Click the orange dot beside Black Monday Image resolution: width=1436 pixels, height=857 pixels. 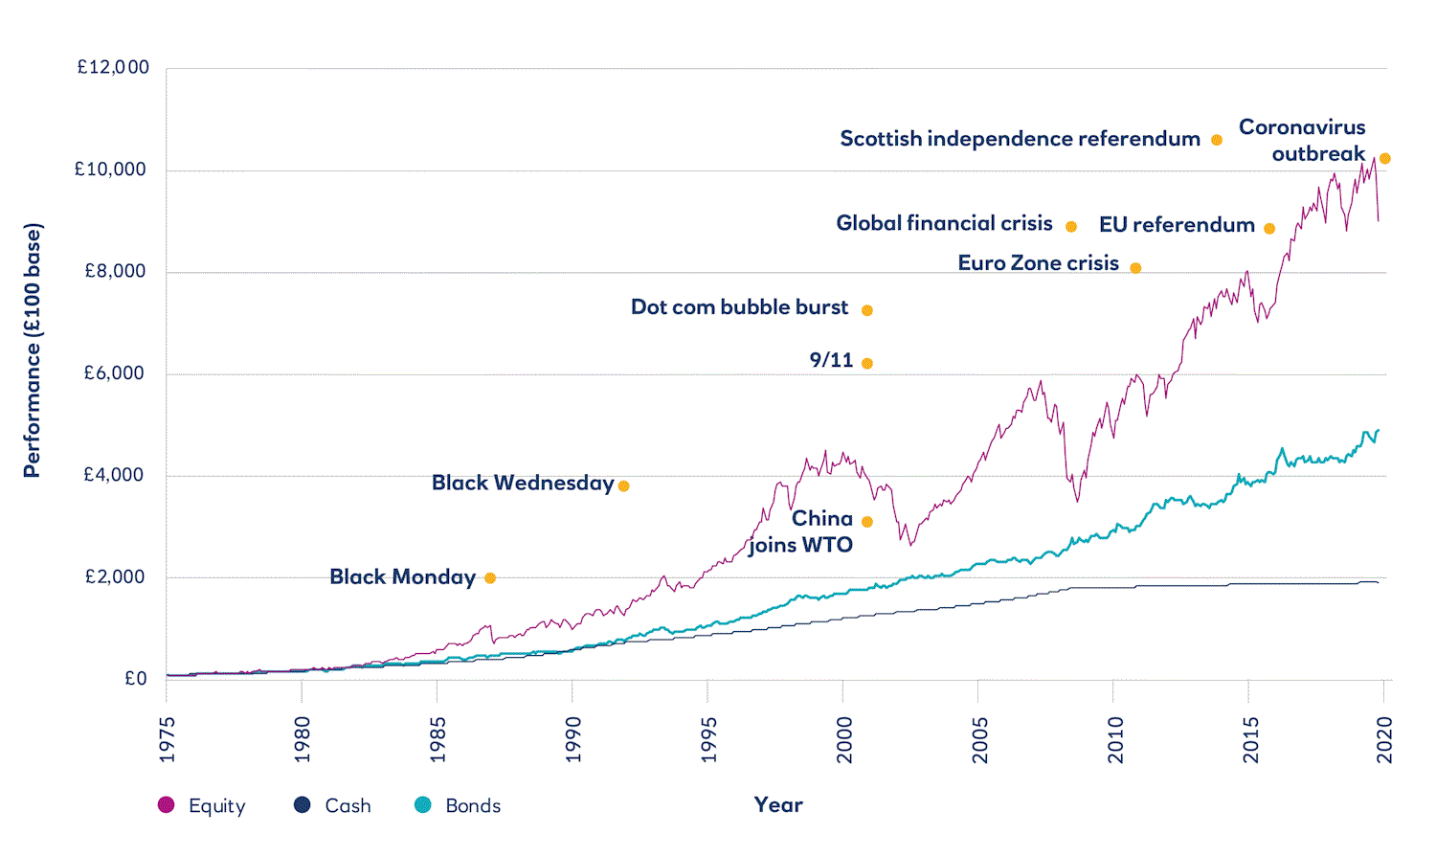490,577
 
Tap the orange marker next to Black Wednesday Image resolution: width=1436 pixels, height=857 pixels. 623,485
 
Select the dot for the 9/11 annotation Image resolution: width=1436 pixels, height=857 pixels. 867,363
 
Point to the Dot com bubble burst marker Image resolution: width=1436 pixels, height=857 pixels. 867,310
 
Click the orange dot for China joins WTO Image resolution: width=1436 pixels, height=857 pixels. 867,522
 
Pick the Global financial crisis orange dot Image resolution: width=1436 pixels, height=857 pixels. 1071,227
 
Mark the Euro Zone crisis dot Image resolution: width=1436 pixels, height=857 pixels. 1135,268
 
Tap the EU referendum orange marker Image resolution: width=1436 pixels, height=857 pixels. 1269,229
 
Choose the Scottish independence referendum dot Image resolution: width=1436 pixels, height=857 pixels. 1217,140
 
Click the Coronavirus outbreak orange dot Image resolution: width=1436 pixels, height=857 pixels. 1384,159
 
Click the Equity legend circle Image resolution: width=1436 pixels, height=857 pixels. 167,805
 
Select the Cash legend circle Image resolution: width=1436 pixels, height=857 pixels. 303,805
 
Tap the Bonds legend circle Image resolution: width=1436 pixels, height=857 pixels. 423,805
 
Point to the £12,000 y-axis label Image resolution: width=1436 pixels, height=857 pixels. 113,67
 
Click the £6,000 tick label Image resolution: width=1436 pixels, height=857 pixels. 115,373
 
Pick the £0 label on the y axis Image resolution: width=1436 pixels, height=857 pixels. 136,679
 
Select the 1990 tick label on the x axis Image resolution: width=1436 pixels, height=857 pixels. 572,740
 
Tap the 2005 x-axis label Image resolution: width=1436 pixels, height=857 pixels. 979,740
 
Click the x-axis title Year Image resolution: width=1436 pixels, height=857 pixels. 778,805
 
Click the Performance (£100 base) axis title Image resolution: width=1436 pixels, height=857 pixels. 33,350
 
